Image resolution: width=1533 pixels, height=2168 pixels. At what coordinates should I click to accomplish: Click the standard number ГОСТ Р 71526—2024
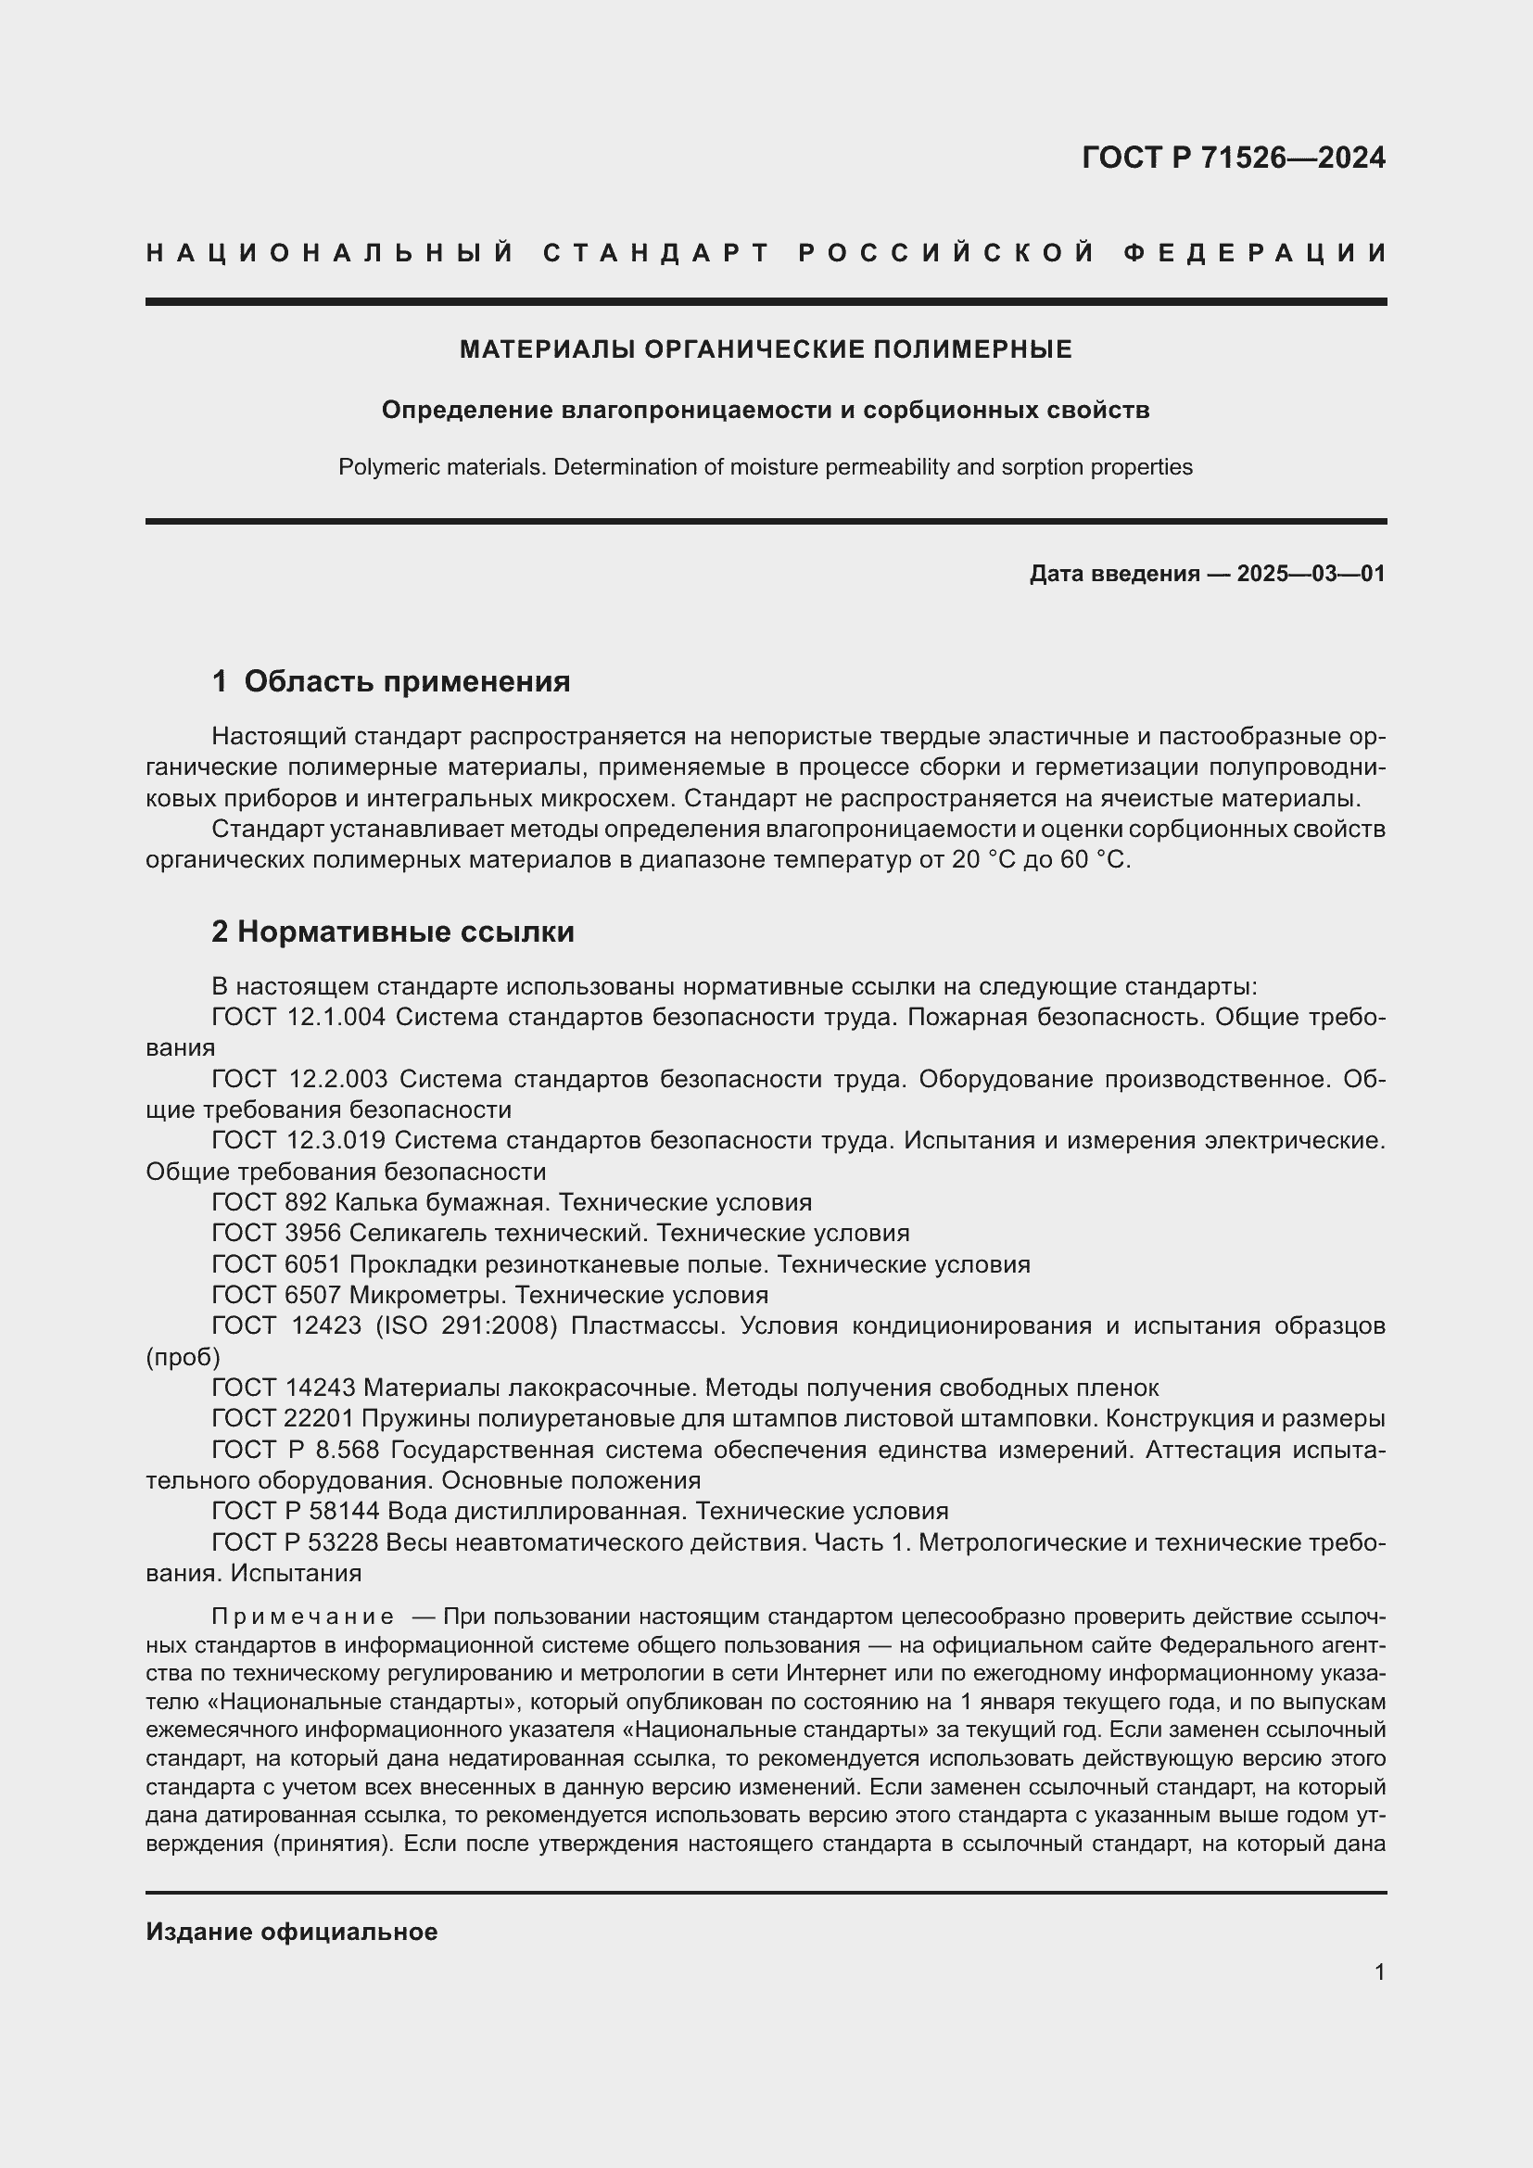(1233, 158)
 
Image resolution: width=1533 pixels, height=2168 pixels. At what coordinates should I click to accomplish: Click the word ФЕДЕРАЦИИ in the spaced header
(1255, 253)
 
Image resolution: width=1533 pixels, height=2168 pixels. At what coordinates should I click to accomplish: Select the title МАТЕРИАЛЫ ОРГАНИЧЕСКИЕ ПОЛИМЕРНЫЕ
(766, 349)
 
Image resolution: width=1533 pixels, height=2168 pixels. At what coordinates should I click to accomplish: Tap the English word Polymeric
(380, 467)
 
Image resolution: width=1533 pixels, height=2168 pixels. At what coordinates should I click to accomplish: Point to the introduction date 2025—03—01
(1311, 573)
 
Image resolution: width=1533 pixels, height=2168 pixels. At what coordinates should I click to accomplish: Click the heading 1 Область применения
(391, 681)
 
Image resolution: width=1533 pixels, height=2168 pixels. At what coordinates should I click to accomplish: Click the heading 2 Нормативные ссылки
(393, 932)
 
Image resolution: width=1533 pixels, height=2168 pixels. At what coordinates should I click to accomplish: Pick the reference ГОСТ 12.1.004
(298, 1017)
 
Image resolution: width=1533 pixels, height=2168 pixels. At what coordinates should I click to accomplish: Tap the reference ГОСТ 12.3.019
(298, 1141)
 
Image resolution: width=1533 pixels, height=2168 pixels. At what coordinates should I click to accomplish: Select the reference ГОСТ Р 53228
(295, 1542)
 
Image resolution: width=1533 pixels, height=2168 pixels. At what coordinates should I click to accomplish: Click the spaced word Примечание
(303, 1617)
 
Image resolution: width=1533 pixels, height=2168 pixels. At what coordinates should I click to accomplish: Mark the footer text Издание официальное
(292, 1932)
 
